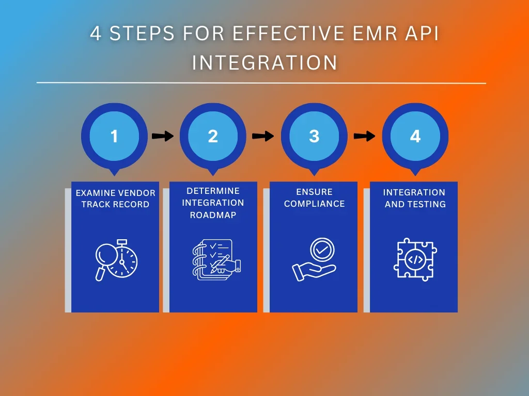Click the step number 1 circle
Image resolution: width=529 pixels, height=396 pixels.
click(x=114, y=136)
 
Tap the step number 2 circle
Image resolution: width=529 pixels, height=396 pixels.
click(x=213, y=136)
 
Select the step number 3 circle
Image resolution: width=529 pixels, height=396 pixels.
click(x=314, y=136)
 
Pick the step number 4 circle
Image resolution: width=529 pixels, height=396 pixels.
click(x=415, y=136)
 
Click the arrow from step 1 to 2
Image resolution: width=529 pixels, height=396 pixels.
click(x=163, y=136)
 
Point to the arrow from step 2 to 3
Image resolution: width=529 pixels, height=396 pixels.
click(x=263, y=136)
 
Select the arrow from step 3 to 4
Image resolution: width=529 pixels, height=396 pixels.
click(x=364, y=136)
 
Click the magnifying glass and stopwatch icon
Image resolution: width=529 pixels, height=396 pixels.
click(x=116, y=260)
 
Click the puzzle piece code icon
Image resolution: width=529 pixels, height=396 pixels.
click(x=415, y=259)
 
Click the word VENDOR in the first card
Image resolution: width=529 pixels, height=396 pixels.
click(x=137, y=193)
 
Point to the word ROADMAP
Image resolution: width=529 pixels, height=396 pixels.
click(x=213, y=215)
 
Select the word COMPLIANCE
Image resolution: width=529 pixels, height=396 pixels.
click(x=314, y=204)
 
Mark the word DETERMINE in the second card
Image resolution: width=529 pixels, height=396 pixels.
click(x=213, y=191)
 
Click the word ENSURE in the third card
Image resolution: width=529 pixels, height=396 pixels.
click(x=314, y=192)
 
